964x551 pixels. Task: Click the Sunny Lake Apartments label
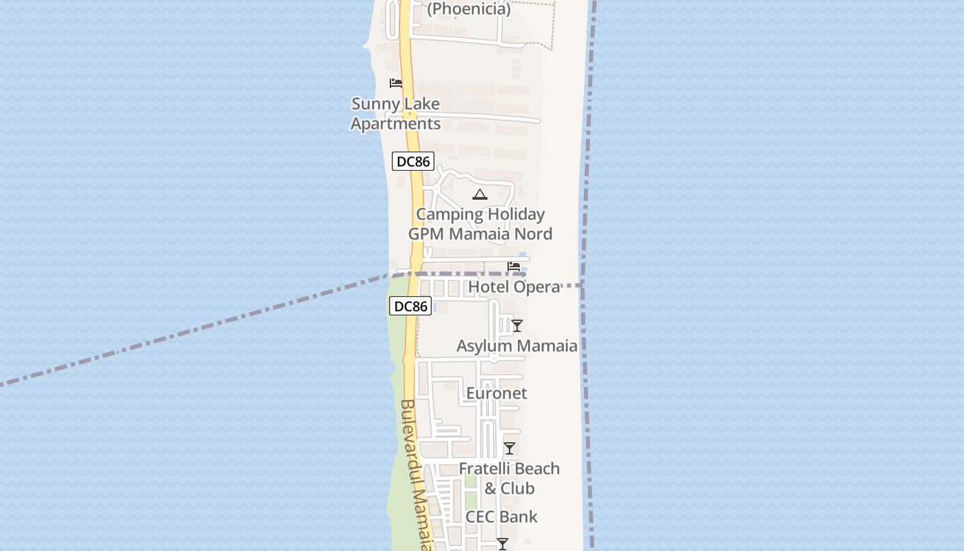tap(395, 114)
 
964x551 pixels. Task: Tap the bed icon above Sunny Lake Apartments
tap(396, 83)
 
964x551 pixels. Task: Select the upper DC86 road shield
tap(413, 162)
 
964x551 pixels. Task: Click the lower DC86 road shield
tap(410, 306)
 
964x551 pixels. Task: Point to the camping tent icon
tap(480, 195)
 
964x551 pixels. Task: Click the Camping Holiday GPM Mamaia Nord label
tap(480, 224)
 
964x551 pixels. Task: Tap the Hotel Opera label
tap(514, 287)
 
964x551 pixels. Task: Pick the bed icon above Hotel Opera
tap(514, 267)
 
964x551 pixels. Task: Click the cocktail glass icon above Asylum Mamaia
tap(517, 326)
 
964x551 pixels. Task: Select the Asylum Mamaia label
tap(516, 346)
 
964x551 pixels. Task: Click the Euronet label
tap(496, 393)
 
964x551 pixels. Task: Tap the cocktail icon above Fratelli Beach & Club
tap(510, 448)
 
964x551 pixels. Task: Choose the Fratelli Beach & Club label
tap(509, 478)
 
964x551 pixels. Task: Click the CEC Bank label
tap(501, 517)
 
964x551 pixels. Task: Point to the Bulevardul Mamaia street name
tap(417, 475)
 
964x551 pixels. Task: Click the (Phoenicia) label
tap(469, 9)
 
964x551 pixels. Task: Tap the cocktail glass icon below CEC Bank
tap(503, 544)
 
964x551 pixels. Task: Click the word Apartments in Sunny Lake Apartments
tap(395, 124)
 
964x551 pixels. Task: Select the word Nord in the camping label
tap(532, 234)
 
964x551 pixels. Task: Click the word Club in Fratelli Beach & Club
tap(517, 488)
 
